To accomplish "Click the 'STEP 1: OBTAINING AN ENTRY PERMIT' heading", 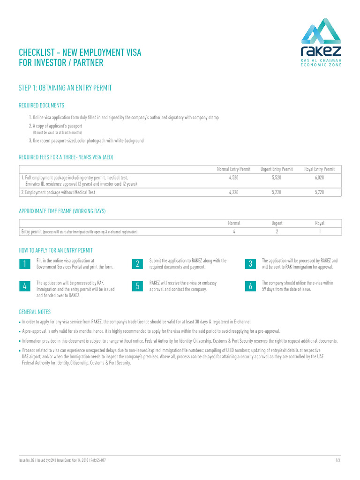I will coord(65,88).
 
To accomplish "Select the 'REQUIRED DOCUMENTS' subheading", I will coord(41,105).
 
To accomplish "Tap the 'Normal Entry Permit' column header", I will coord(233,169).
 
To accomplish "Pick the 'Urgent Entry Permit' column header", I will coord(277,169).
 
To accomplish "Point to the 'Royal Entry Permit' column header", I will coord(320,169).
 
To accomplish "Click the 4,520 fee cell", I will coord(233,178).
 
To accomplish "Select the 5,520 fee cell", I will coord(277,178).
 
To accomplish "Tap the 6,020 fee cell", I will coord(320,178).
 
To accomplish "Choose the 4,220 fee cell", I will coord(233,192).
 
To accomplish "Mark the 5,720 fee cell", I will coord(320,192).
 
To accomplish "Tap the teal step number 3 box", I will coord(251,264).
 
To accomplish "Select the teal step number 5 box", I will coord(138,286).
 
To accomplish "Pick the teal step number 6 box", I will coord(251,286).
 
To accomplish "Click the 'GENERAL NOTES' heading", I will coord(35,312).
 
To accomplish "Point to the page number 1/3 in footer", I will coord(338,460).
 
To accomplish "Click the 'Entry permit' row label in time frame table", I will coord(31,232).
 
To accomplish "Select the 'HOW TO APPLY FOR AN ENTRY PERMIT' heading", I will coord(55,250).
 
